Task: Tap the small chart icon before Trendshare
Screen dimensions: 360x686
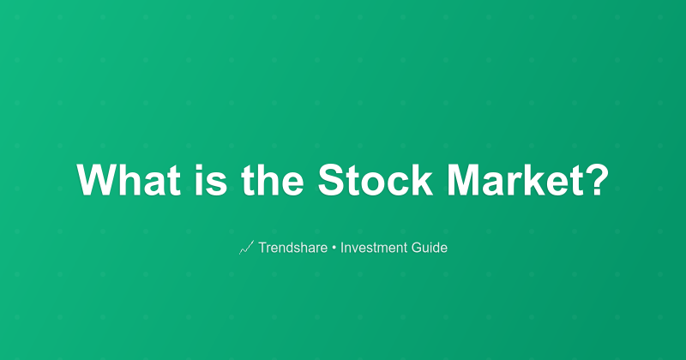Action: point(245,248)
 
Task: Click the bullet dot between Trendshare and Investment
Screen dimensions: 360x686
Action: point(334,248)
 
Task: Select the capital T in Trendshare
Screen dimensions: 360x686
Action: point(262,248)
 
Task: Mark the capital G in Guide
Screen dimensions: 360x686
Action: point(416,248)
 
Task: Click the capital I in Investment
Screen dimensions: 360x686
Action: point(343,248)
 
